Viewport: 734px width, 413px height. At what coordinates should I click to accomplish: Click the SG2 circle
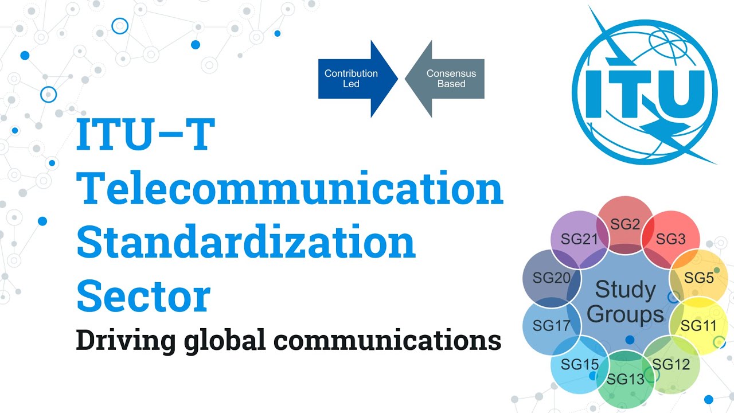(x=625, y=225)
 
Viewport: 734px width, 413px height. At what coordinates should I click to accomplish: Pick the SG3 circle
(x=671, y=239)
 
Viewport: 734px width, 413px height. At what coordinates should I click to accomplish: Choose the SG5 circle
(x=698, y=278)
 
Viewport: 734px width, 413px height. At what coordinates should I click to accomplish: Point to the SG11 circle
(x=698, y=326)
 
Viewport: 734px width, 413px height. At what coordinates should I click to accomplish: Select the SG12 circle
(x=671, y=364)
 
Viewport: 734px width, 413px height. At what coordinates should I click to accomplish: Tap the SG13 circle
(x=625, y=379)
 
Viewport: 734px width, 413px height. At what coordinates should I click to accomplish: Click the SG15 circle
(x=580, y=364)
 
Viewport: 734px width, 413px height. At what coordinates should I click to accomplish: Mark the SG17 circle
(x=552, y=326)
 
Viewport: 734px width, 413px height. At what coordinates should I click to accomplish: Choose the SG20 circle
(x=552, y=278)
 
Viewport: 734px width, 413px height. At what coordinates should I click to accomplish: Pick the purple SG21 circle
(x=580, y=239)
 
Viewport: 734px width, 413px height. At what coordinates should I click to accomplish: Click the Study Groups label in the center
(x=625, y=302)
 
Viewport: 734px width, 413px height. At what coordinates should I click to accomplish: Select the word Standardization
(x=246, y=242)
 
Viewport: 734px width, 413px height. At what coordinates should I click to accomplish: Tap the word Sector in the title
(x=143, y=296)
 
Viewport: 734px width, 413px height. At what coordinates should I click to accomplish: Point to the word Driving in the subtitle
(x=126, y=341)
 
